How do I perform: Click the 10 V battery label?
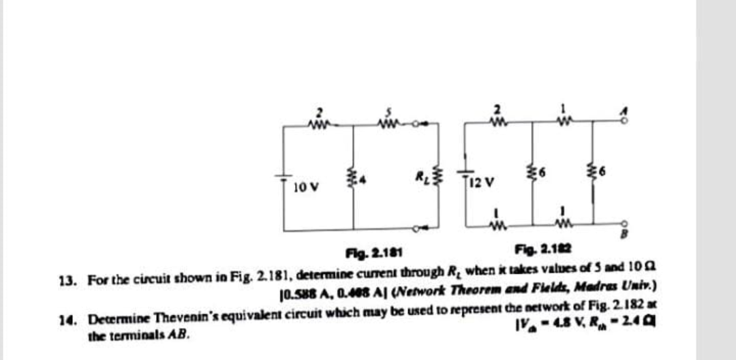(304, 185)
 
